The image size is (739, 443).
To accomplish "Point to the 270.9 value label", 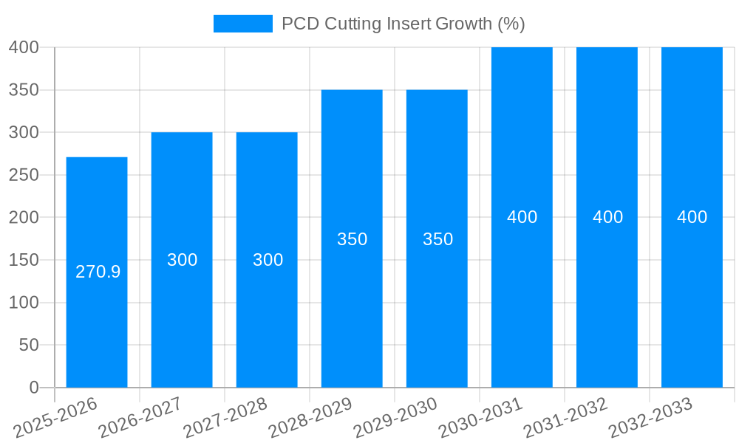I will coord(98,272).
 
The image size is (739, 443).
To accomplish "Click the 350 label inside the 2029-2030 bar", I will coord(437,239).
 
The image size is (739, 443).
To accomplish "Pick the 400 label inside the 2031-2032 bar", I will coord(607,217).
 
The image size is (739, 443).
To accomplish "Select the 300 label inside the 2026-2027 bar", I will coord(182,260).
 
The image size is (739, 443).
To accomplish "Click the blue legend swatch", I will coord(242,24).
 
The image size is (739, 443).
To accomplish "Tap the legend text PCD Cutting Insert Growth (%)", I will coord(403,24).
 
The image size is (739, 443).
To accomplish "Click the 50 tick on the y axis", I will coord(27,345).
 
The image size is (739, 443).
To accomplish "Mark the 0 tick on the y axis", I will coord(33,388).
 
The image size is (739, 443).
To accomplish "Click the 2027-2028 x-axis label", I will coord(225,418).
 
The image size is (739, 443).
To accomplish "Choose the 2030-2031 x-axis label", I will coord(480,418).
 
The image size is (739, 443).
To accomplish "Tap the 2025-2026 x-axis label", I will coord(55,418).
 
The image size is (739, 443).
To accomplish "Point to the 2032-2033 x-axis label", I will coord(650,418).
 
